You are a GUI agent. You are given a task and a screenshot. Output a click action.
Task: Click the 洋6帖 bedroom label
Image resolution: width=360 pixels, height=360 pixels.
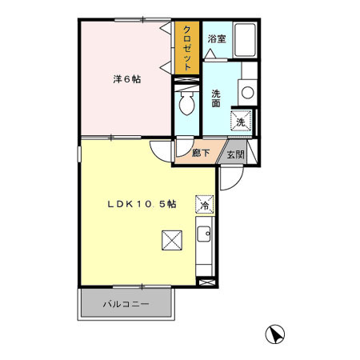point(126,78)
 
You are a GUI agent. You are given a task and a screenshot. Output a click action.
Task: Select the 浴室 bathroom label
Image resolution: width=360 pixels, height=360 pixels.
point(216,38)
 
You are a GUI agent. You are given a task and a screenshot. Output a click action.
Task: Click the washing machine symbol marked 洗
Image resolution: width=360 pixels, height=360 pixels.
point(241,122)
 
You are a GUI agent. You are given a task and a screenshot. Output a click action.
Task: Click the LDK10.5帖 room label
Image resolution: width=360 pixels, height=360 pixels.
point(142,204)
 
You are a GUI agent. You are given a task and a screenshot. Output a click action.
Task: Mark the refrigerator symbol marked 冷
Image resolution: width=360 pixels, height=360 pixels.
point(204,205)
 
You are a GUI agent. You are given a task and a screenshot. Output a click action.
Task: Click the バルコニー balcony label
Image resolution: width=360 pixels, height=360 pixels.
point(126,304)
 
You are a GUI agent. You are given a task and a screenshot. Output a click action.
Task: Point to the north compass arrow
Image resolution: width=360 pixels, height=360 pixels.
point(274,334)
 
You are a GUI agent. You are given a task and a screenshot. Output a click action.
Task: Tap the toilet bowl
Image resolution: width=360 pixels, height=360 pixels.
point(186,102)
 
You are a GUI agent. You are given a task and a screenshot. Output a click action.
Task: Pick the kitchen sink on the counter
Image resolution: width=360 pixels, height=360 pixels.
point(205,235)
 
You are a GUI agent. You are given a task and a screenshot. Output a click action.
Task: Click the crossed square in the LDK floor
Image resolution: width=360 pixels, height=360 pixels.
point(171,239)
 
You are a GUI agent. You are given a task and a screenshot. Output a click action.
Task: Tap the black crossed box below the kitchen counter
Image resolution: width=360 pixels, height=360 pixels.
point(206,282)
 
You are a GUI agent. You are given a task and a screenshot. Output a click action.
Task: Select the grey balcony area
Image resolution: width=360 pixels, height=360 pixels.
point(126,305)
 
